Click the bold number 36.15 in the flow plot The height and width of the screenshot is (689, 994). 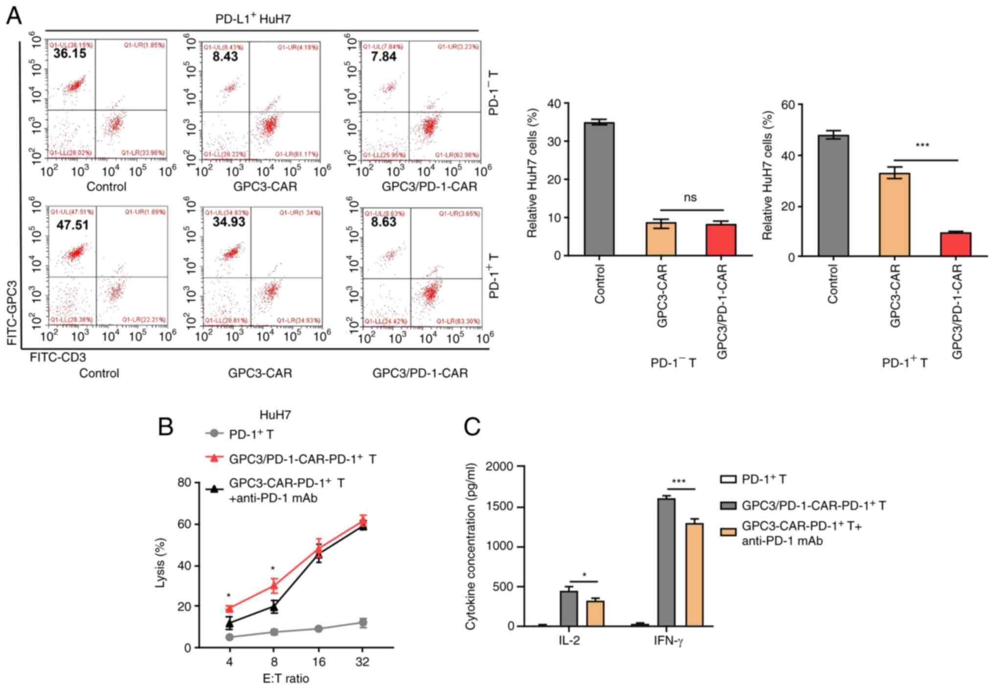point(69,54)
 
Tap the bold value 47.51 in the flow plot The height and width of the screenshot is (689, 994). point(72,225)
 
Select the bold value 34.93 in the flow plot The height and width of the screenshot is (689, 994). point(228,222)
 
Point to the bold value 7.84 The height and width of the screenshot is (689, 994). point(384,57)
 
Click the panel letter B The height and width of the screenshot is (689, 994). point(166,426)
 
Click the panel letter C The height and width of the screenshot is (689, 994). point(472,426)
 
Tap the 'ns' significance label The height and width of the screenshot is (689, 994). point(690,198)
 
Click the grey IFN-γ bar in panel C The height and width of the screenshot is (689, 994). point(666,562)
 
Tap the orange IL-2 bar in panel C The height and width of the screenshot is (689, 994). point(595,613)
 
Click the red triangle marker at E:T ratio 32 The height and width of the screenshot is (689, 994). point(362,520)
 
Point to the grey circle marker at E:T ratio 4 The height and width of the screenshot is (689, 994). point(229,637)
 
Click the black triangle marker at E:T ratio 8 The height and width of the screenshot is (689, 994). point(274,607)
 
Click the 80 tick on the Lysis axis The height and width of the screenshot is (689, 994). point(184,483)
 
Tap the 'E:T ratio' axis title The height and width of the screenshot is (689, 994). point(286,678)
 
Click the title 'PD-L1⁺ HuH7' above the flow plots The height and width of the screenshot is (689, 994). point(253,19)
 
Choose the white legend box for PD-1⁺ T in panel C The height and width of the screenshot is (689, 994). point(728,479)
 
